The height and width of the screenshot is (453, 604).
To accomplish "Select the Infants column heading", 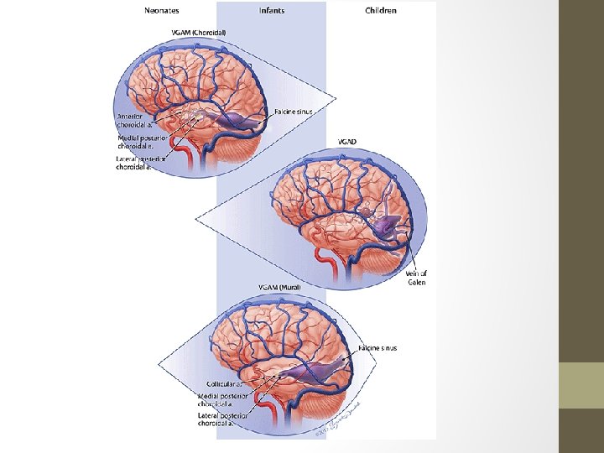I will [272, 11].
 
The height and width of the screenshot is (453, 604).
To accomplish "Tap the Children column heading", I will [382, 11].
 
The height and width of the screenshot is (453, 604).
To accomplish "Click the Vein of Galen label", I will [416, 278].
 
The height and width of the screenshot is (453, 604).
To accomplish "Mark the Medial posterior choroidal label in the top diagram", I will [139, 143].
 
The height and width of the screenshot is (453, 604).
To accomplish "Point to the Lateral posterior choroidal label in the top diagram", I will [140, 163].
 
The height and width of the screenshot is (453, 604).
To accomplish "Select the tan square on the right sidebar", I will [581, 385].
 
